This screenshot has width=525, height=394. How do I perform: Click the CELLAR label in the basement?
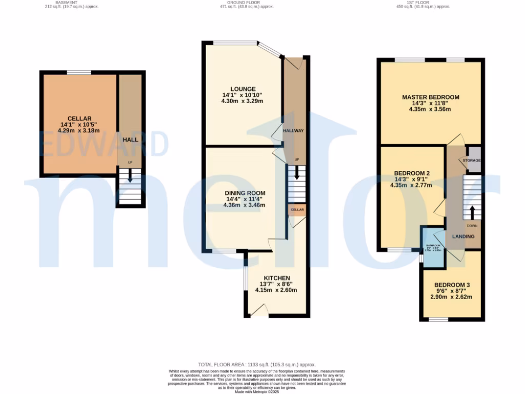pos(79,119)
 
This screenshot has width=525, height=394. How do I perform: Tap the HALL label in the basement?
pos(130,140)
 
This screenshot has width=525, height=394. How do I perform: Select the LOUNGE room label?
pos(243,89)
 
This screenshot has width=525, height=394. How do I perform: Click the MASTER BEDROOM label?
pos(430,97)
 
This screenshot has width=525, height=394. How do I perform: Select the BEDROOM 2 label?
pos(411,173)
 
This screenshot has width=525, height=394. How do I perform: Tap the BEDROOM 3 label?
pos(452,285)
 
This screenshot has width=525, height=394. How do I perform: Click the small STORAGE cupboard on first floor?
pos(472,161)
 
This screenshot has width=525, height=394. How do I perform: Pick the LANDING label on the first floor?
pos(462,236)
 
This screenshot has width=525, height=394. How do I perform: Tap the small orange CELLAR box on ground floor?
pos(297,210)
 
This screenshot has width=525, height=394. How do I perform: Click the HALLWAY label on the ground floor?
pos(293,131)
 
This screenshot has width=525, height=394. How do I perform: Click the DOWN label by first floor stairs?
pos(472,225)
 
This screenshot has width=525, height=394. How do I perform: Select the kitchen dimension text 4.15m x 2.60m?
pos(276,290)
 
